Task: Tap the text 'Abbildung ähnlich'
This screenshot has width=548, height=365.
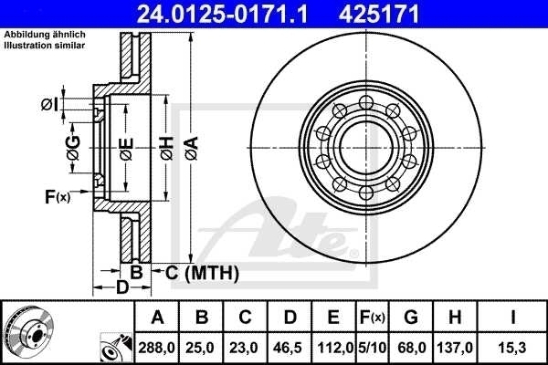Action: point(46,35)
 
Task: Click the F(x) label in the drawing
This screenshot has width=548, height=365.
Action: point(57,196)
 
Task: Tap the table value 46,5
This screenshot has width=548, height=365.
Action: point(290,348)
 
